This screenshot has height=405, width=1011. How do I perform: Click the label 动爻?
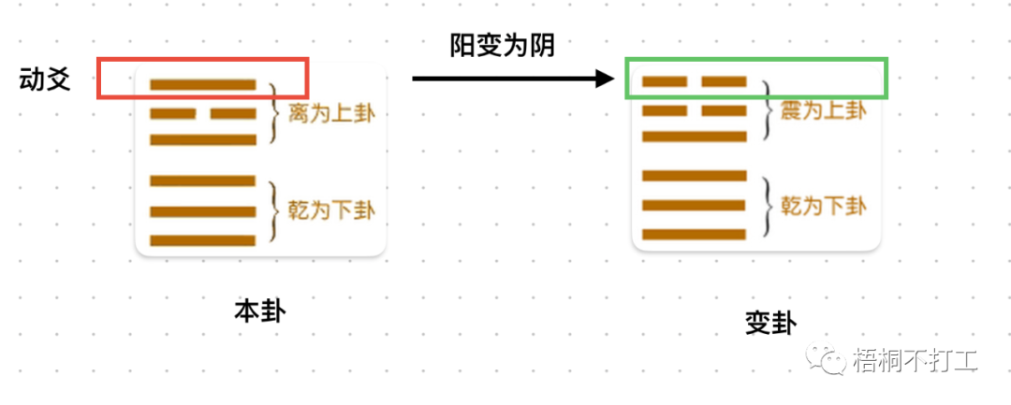45,79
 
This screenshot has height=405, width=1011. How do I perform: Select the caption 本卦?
259,311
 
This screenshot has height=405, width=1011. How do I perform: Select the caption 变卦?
770,324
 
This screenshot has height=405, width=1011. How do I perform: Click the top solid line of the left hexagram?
203,84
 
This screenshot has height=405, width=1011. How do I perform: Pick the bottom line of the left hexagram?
203,240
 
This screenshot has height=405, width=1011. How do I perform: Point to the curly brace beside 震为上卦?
767,111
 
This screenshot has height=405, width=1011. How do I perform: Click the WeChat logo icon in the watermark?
830,358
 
